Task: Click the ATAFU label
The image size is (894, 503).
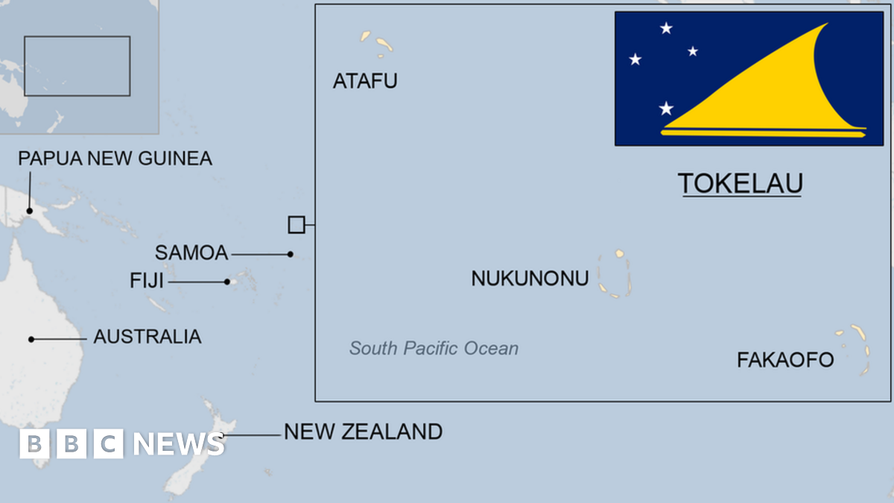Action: (x=365, y=80)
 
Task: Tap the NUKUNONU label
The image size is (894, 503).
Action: (x=530, y=279)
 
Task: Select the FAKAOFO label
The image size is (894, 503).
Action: (x=785, y=361)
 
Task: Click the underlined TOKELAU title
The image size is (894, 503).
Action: (x=740, y=183)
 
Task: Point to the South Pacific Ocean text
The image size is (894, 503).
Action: (x=434, y=348)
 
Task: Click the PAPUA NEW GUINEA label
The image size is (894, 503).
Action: (x=115, y=158)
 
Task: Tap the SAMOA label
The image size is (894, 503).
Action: (x=191, y=253)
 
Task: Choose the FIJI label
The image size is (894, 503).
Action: (x=147, y=281)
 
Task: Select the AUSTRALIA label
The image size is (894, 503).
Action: (x=147, y=337)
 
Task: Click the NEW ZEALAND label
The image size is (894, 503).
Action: (x=363, y=431)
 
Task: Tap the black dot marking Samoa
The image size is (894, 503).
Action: (x=291, y=254)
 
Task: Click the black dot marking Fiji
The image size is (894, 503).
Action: (x=227, y=282)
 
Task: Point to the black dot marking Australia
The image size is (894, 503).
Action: (x=31, y=339)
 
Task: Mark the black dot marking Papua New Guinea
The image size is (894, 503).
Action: (x=30, y=211)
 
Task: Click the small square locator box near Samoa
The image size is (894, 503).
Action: (x=297, y=224)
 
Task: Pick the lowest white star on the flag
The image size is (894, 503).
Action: (x=666, y=109)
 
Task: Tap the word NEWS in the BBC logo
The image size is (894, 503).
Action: (x=179, y=444)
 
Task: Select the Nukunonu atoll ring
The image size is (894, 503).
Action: (x=615, y=274)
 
